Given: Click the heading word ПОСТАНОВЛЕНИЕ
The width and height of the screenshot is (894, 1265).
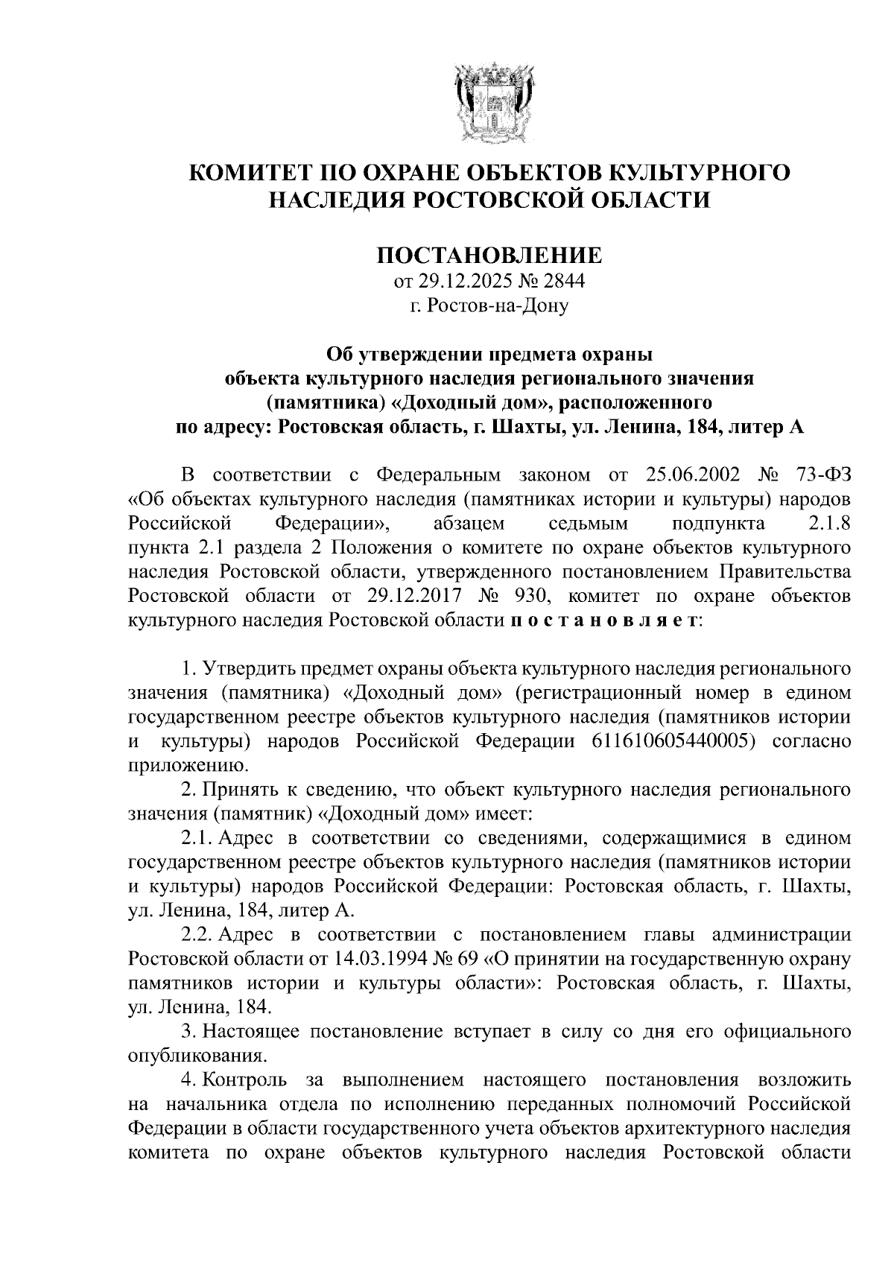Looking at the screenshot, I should click(489, 256).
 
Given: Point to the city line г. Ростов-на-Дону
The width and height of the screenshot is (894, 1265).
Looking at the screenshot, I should click(489, 305).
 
